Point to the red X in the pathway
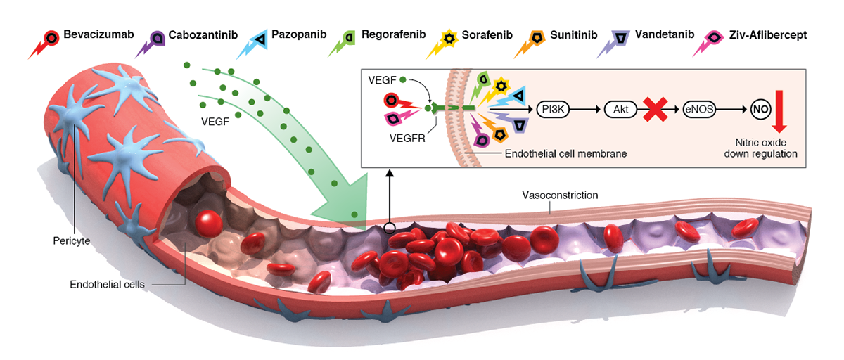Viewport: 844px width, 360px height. pyautogui.click(x=653, y=109)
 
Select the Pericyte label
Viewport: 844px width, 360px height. pyautogui.click(x=71, y=240)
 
